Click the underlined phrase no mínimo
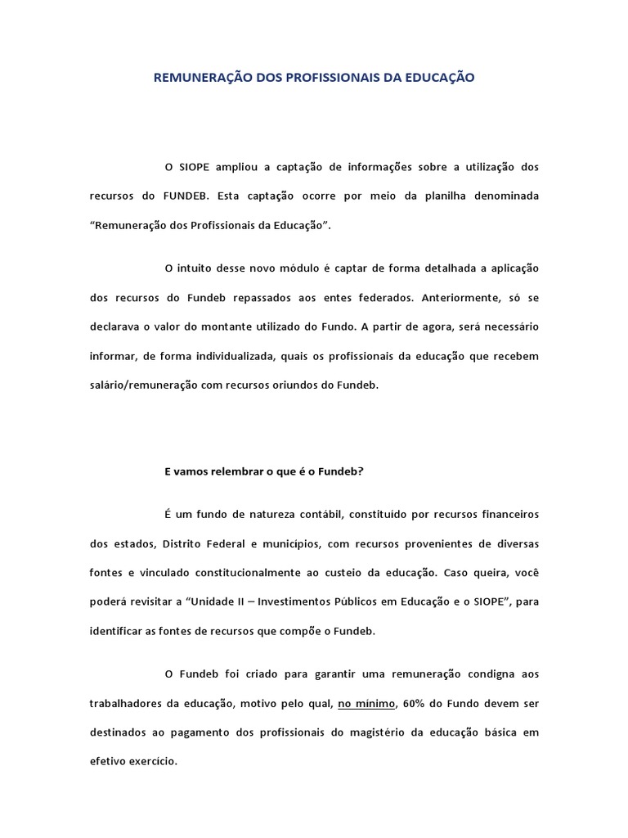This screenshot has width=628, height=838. pyautogui.click(x=365, y=703)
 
